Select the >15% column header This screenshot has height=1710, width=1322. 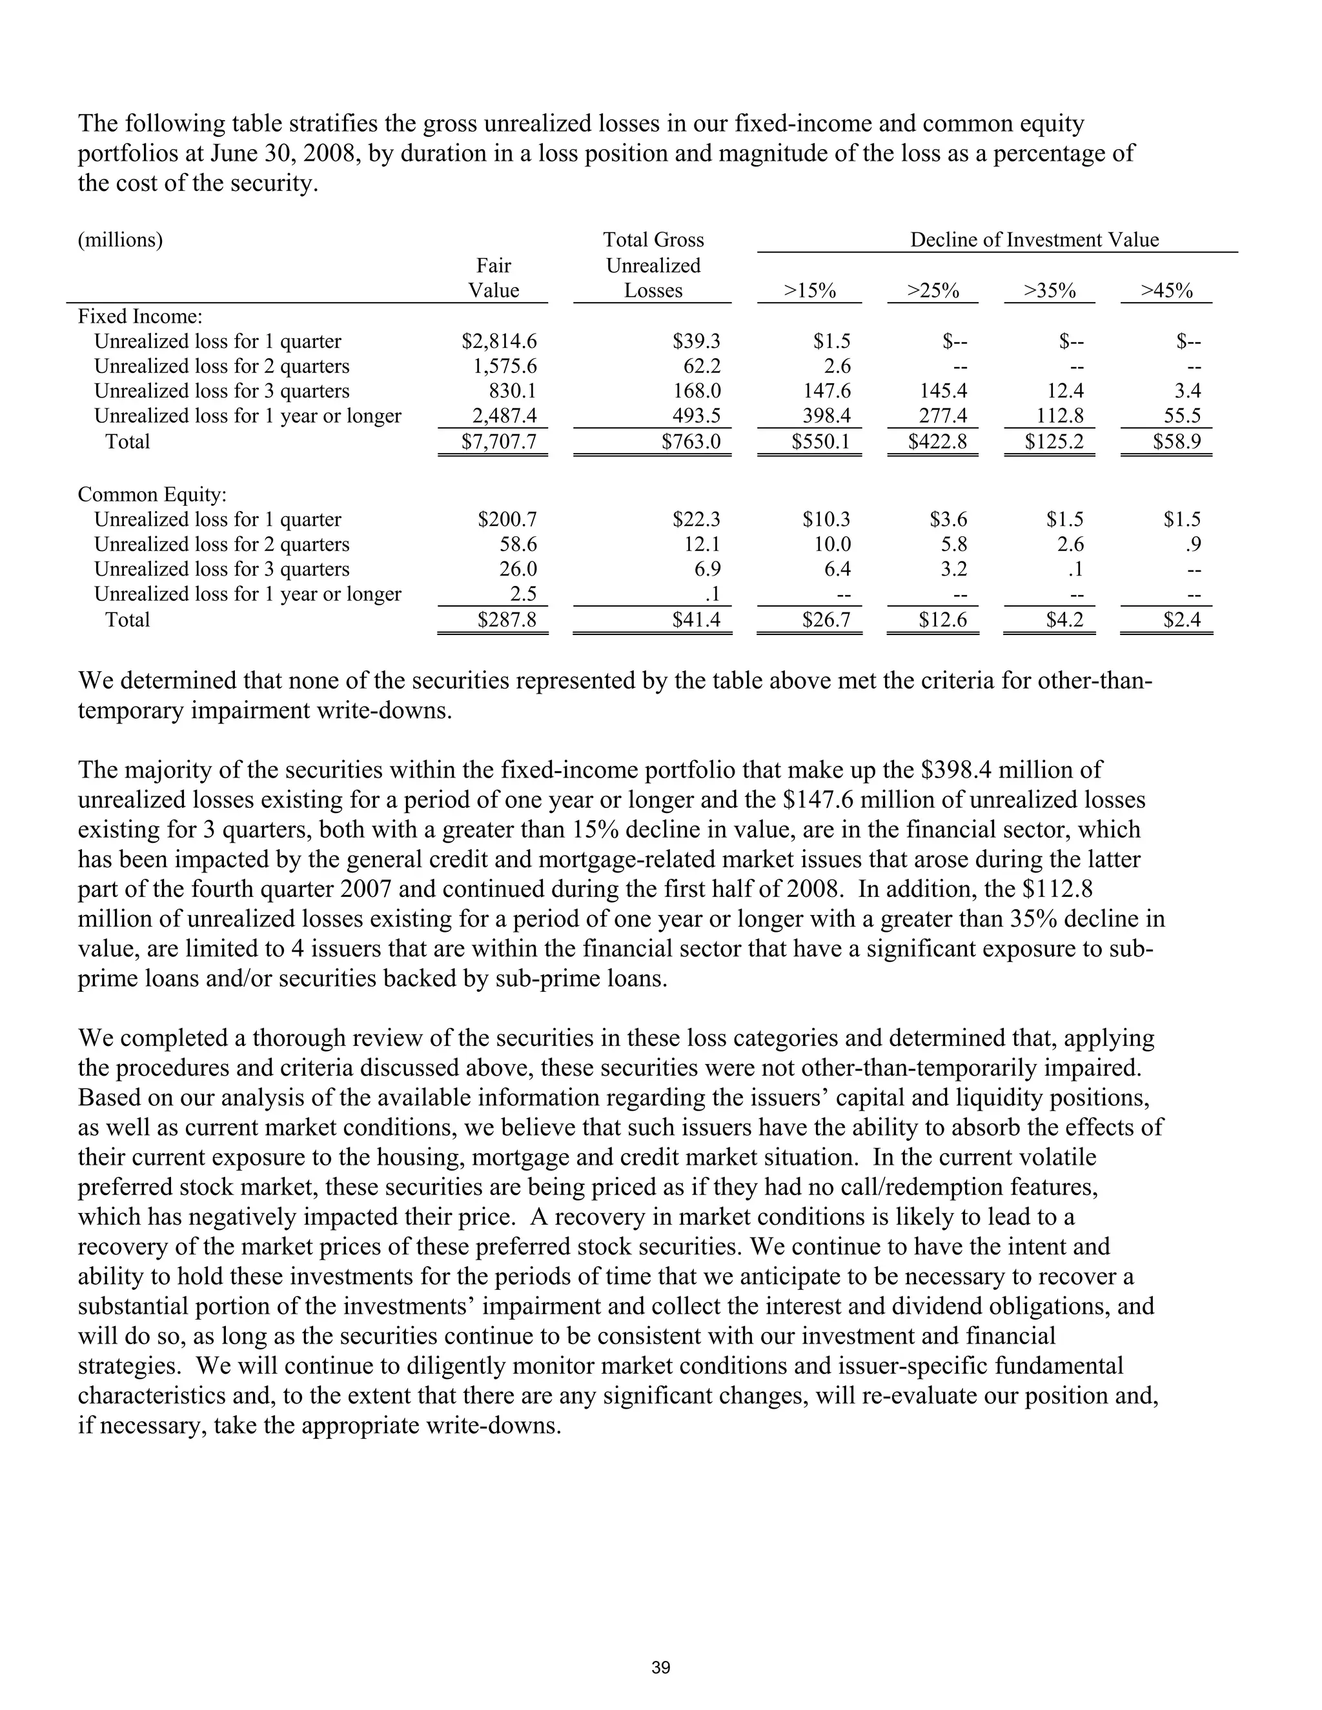810,291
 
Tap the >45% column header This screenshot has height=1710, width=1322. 1166,291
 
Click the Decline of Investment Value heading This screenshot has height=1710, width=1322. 1034,239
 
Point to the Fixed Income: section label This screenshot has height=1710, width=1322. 140,316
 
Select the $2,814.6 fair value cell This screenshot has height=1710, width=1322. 499,341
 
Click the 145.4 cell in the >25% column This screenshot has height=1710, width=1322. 943,390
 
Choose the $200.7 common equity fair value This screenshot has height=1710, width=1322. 507,519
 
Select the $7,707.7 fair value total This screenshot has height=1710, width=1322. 499,441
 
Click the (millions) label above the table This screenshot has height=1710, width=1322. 121,239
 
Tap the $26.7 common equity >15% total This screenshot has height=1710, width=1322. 826,620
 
